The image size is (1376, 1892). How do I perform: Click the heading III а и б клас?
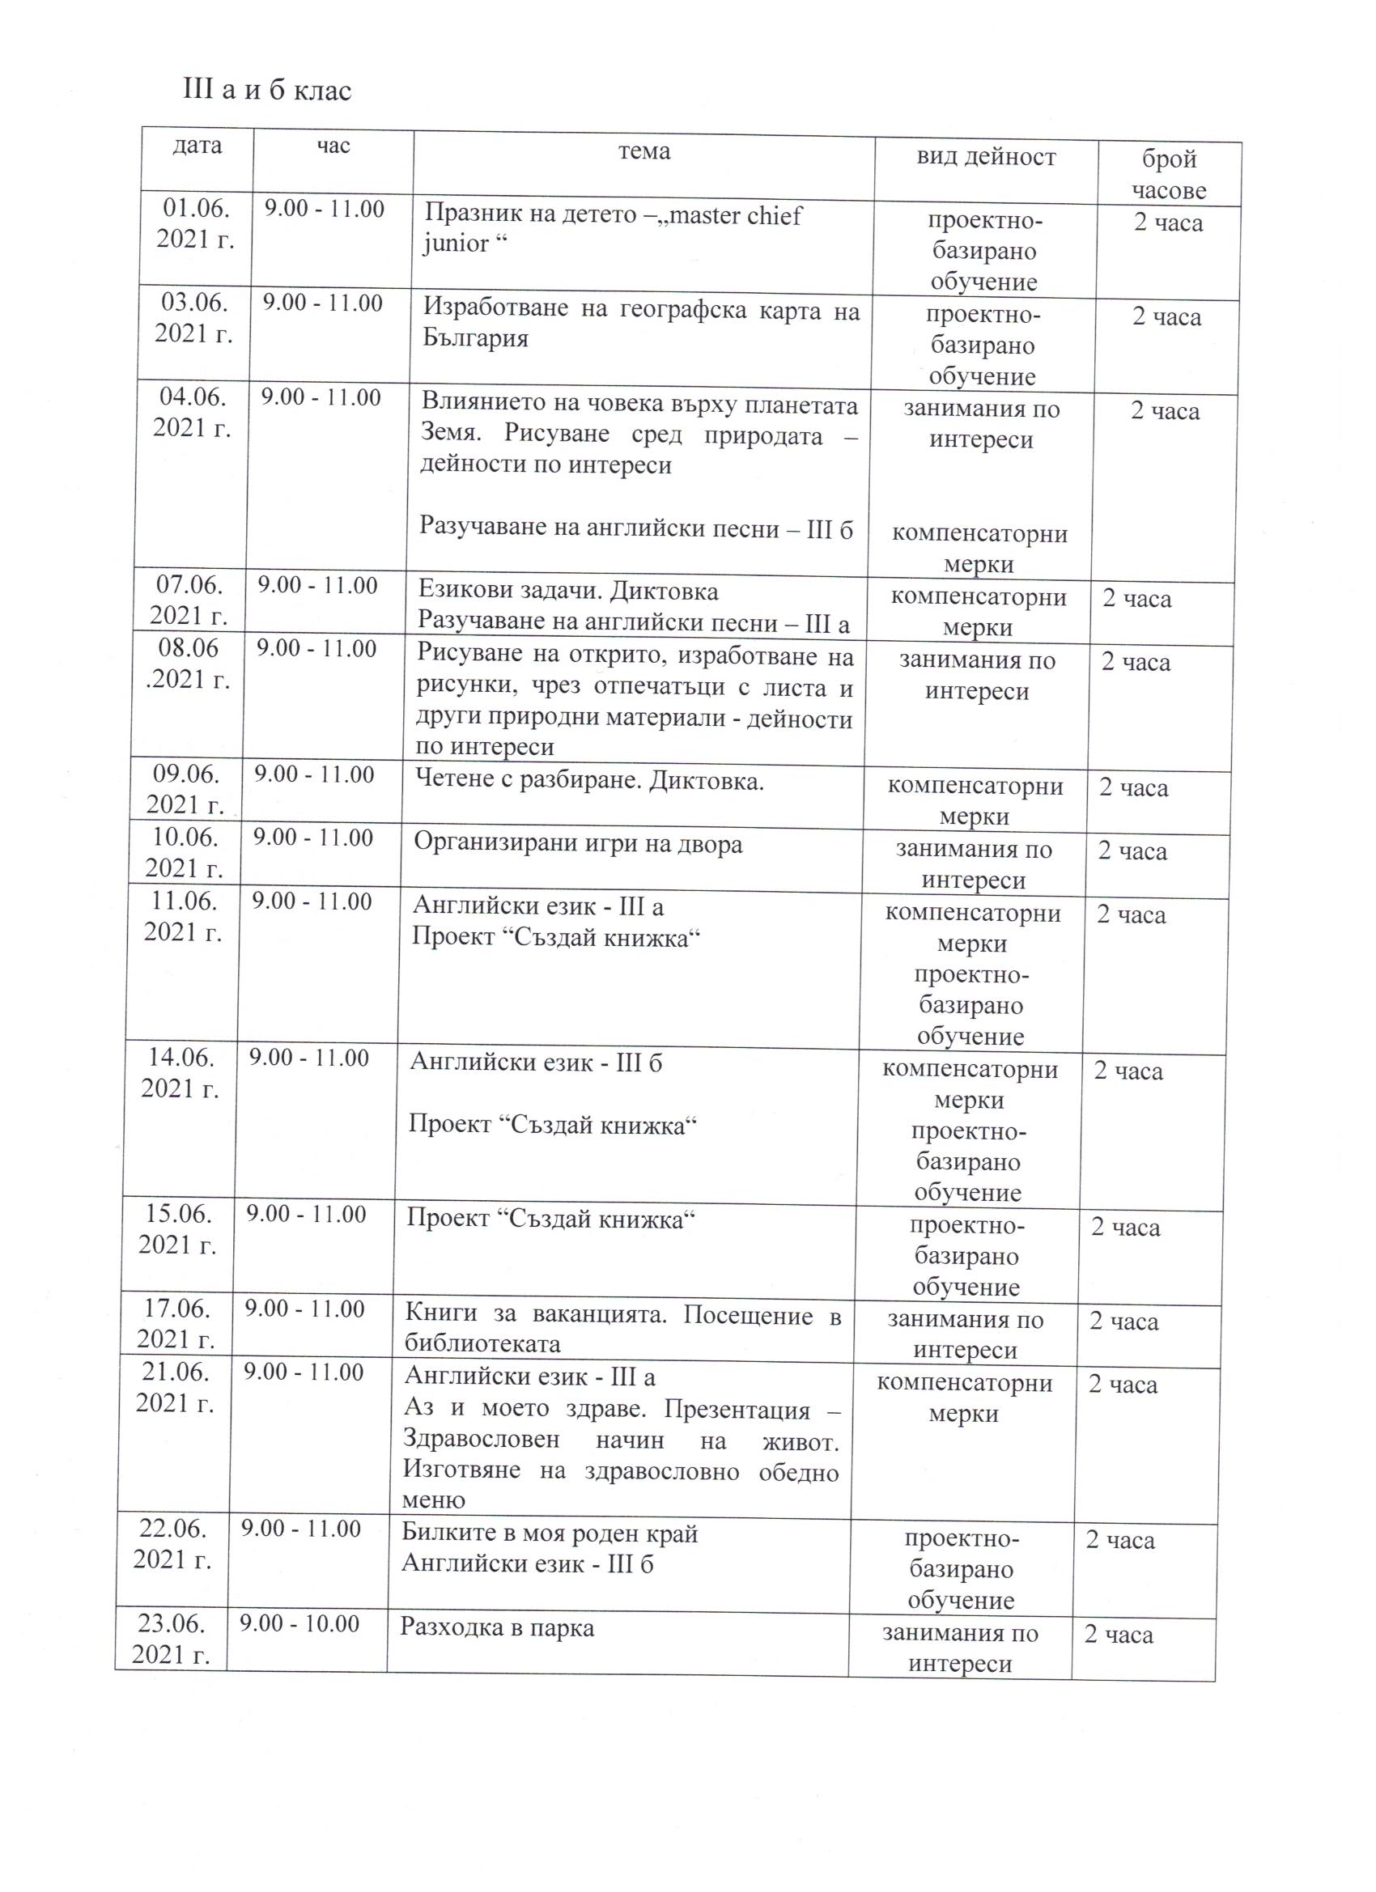coord(267,90)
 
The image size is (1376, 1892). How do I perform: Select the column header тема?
coord(643,151)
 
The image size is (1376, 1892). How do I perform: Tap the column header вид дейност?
coord(986,157)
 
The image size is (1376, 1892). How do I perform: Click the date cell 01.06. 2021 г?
coord(195,223)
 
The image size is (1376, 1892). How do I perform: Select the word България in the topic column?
coord(475,340)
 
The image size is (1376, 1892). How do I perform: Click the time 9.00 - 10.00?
coord(299,1623)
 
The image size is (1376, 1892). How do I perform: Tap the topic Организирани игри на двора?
coord(577,843)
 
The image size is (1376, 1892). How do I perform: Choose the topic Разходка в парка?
coord(497,1627)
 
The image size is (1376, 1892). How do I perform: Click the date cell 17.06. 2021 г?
coord(176,1323)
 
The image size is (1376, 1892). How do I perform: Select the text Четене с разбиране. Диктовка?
coord(589,781)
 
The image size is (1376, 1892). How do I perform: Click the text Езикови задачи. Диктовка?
coord(567,592)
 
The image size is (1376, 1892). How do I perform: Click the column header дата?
coord(197,146)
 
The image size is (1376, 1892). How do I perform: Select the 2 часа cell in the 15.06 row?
coord(1126,1227)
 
